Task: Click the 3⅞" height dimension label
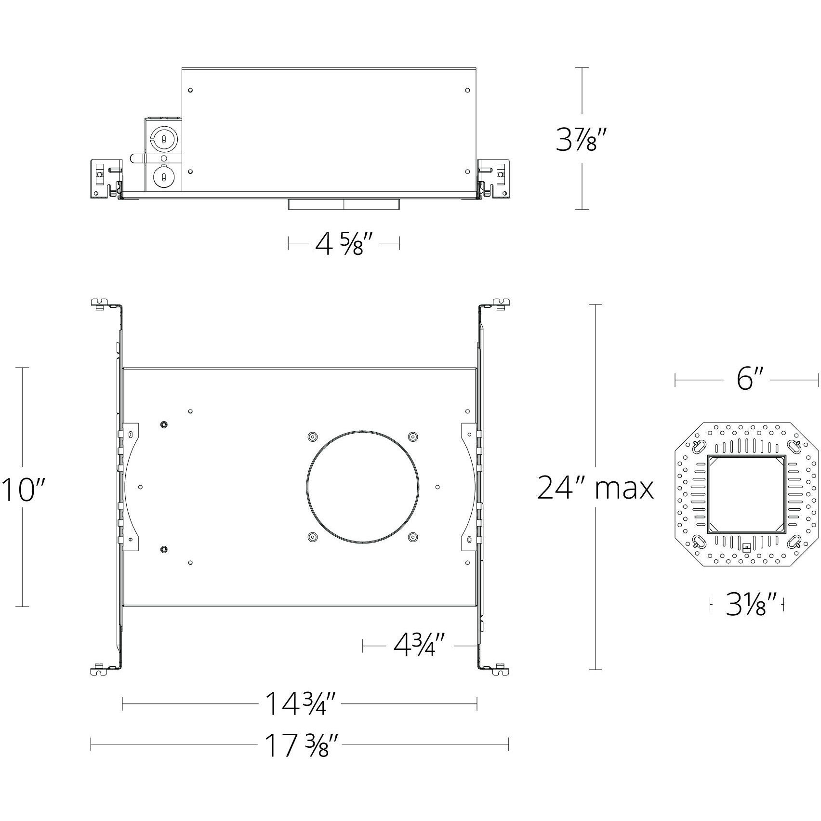pyautogui.click(x=577, y=138)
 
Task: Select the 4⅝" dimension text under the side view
pyautogui.click(x=344, y=244)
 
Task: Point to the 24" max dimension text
pyautogui.click(x=596, y=488)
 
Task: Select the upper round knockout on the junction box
pyautogui.click(x=164, y=139)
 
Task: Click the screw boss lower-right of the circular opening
pyautogui.click(x=412, y=536)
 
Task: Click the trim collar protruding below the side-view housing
pyautogui.click(x=344, y=204)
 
